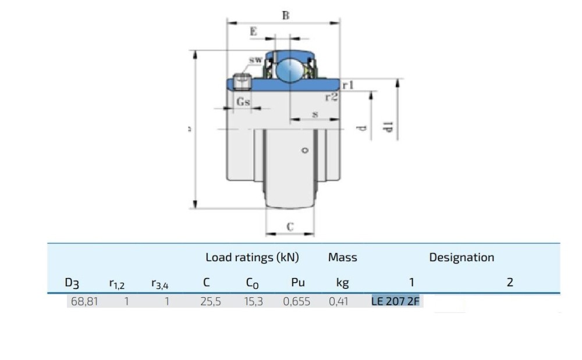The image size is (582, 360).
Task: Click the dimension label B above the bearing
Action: tap(285, 16)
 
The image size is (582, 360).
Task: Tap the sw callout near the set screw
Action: tap(255, 60)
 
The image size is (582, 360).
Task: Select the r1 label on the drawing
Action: tap(348, 85)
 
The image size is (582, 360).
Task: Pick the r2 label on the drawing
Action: tap(331, 97)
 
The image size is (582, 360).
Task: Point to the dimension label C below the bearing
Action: tap(290, 226)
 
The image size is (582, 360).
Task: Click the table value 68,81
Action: tap(83, 302)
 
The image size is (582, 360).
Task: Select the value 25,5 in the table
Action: tap(210, 302)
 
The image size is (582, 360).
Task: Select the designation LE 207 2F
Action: tap(396, 302)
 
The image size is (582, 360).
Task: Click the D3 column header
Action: tap(72, 283)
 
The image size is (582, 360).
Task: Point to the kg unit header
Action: tap(342, 283)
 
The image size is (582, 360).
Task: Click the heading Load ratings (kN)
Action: tap(252, 257)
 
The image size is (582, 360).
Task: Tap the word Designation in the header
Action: tap(462, 257)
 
